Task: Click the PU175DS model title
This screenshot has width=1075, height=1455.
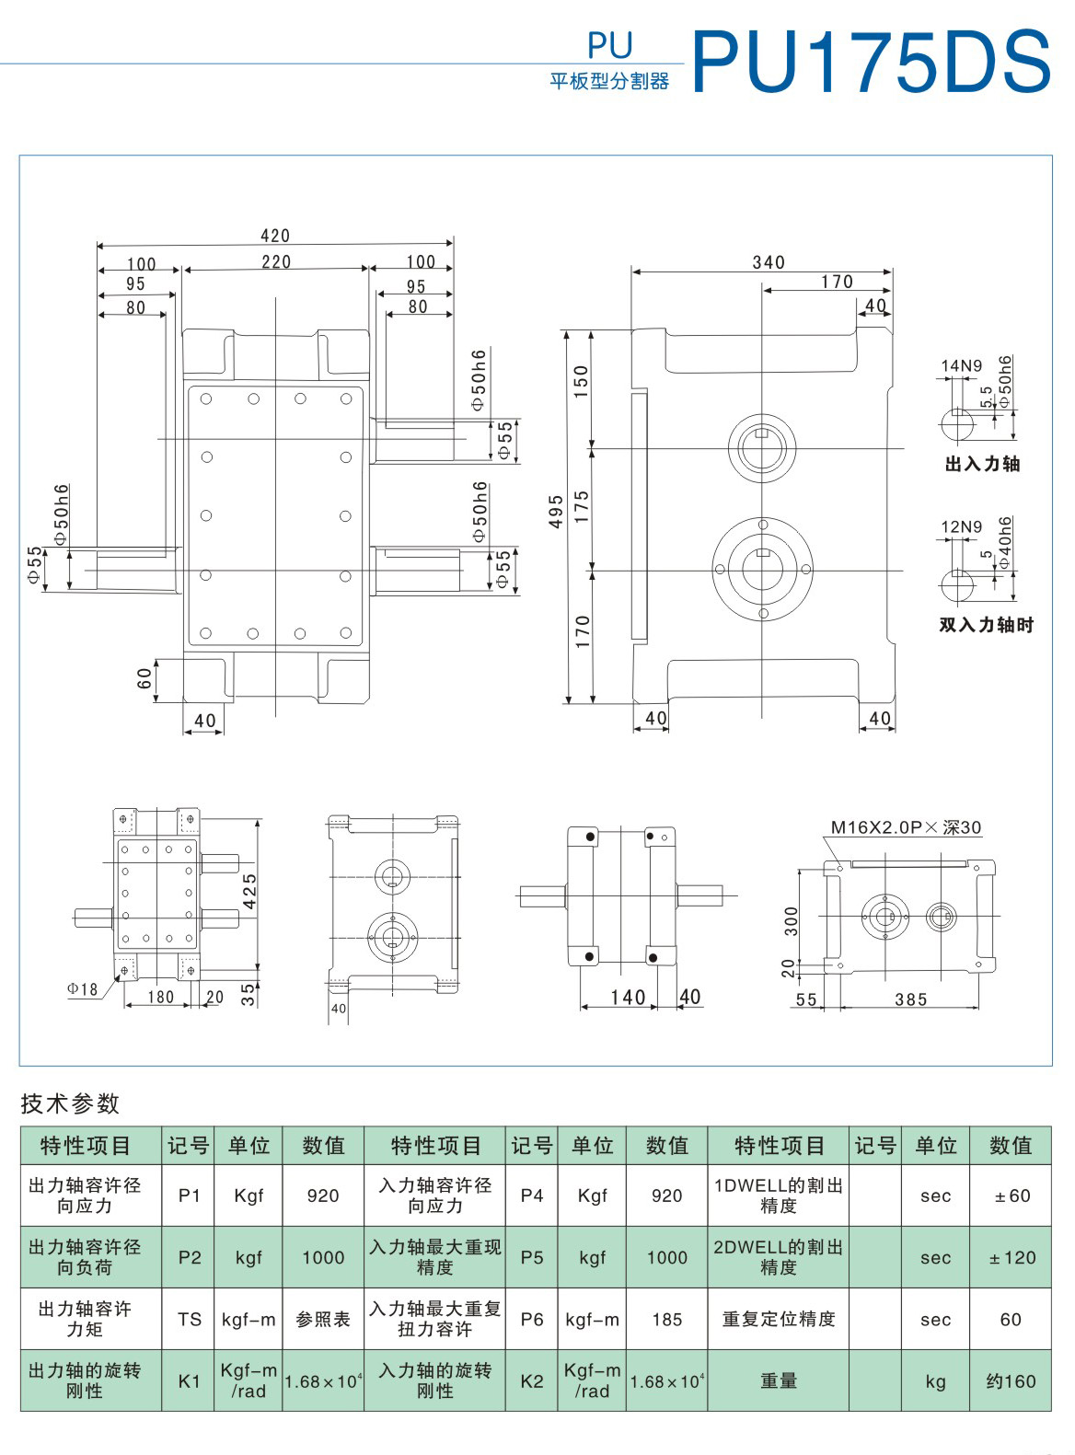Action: pyautogui.click(x=870, y=61)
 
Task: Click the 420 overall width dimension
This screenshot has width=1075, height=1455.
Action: pyautogui.click(x=275, y=237)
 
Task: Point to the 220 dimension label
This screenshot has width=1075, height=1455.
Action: pyautogui.click(x=276, y=262)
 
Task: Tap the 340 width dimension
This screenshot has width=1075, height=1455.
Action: pyautogui.click(x=769, y=262)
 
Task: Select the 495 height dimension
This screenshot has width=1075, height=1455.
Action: pyautogui.click(x=556, y=512)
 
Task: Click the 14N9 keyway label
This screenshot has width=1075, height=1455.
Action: pyautogui.click(x=961, y=366)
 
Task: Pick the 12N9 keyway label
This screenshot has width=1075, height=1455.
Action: pyautogui.click(x=961, y=527)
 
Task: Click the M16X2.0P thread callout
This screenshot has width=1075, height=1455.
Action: pyautogui.click(x=906, y=827)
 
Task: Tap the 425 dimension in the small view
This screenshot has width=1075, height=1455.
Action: pyautogui.click(x=249, y=891)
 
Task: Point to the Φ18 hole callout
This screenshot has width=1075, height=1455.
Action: pyautogui.click(x=82, y=989)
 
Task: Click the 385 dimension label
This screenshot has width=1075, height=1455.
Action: pyautogui.click(x=910, y=999)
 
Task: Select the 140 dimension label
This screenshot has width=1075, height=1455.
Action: pyautogui.click(x=628, y=998)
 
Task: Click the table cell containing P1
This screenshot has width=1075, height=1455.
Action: pyautogui.click(x=189, y=1195)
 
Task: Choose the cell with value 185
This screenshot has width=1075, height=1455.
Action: pyautogui.click(x=666, y=1320)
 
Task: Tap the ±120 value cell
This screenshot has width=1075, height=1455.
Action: pyautogui.click(x=1011, y=1258)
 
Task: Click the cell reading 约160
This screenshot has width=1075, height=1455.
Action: pyautogui.click(x=1011, y=1381)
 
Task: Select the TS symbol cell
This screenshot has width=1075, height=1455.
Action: pyautogui.click(x=189, y=1320)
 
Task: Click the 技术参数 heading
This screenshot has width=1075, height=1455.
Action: pyautogui.click(x=71, y=1103)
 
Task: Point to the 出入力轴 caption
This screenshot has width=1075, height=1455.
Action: pyautogui.click(x=982, y=464)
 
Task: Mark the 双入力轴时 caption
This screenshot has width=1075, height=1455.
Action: pyautogui.click(x=986, y=625)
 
